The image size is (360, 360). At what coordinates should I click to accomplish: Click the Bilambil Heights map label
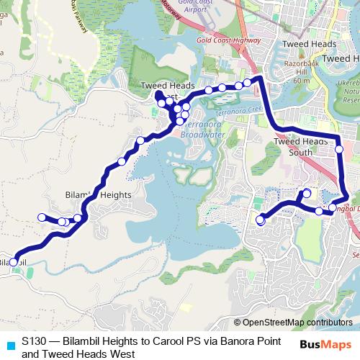click(98, 195)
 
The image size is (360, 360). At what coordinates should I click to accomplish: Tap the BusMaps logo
click(325, 344)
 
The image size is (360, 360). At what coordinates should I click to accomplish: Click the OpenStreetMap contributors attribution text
click(297, 323)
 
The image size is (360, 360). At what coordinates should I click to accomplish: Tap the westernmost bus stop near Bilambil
click(13, 262)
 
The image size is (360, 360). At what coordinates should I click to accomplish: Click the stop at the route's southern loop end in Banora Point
click(260, 221)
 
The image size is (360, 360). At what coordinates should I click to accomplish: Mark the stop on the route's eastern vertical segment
click(339, 149)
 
